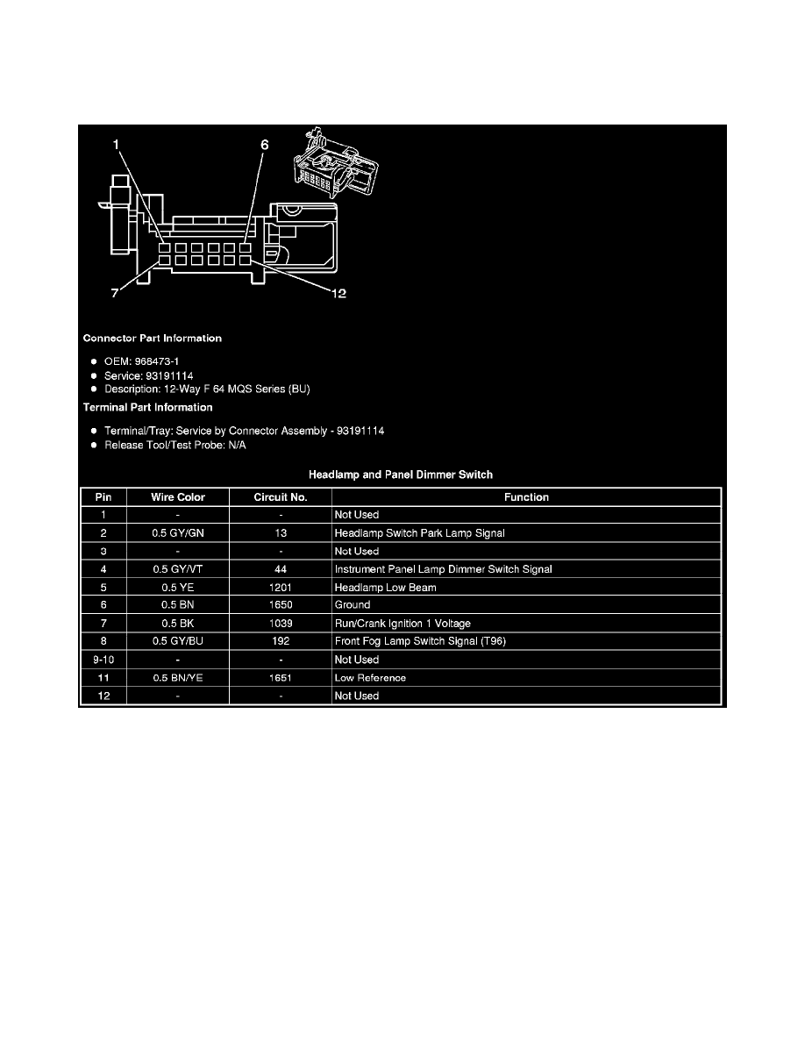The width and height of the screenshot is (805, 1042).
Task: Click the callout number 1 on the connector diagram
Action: click(116, 144)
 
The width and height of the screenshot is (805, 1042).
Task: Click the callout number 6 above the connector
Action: click(264, 145)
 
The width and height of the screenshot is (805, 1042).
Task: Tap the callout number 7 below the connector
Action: click(115, 293)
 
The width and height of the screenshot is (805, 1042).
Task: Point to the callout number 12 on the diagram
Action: click(338, 293)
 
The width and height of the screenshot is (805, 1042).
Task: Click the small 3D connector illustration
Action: click(336, 163)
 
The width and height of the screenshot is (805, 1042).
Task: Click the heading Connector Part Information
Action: click(152, 339)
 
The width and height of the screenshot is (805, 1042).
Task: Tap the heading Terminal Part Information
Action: click(147, 407)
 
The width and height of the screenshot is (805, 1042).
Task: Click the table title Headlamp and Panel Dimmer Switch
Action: click(401, 475)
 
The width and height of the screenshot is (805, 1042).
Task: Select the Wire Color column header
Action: click(178, 497)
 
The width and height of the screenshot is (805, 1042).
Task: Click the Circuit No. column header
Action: click(281, 497)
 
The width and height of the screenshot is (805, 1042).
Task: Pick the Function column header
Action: click(526, 497)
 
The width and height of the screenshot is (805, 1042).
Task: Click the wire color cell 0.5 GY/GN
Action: click(178, 533)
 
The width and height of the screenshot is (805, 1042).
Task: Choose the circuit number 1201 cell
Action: click(281, 588)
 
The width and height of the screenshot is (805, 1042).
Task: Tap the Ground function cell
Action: click(353, 604)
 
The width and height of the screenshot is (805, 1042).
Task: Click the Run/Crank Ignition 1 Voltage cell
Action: click(402, 624)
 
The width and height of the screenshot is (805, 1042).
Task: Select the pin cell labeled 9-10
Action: click(103, 660)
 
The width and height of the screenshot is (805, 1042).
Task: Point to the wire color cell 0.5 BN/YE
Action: click(178, 678)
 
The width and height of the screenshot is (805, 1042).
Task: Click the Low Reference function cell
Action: click(370, 678)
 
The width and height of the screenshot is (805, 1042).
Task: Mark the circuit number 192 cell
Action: click(281, 641)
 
